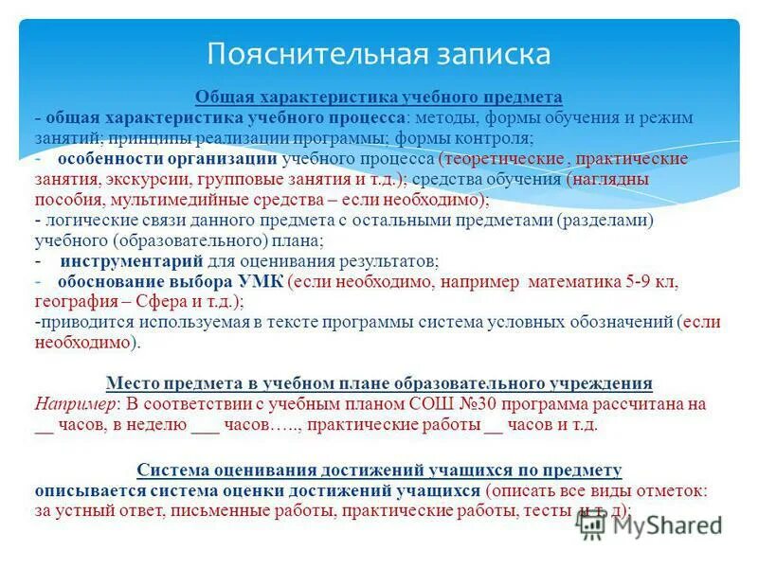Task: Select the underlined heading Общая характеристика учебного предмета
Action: (x=379, y=98)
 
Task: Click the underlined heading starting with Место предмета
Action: (x=379, y=383)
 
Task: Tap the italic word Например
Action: (x=74, y=404)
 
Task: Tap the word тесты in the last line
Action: (x=545, y=511)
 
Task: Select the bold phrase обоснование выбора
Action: (x=145, y=281)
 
